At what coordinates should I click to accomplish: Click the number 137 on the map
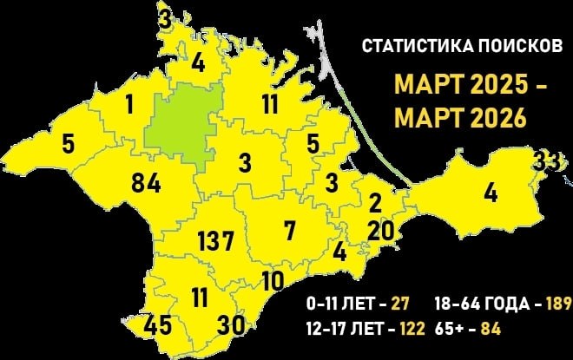[216, 240]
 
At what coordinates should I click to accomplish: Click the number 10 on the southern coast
[273, 280]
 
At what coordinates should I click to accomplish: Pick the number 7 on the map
[289, 231]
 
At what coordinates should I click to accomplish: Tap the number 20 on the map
[381, 231]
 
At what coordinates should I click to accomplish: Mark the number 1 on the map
[129, 106]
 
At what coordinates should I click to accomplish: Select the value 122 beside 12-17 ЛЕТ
[411, 330]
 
